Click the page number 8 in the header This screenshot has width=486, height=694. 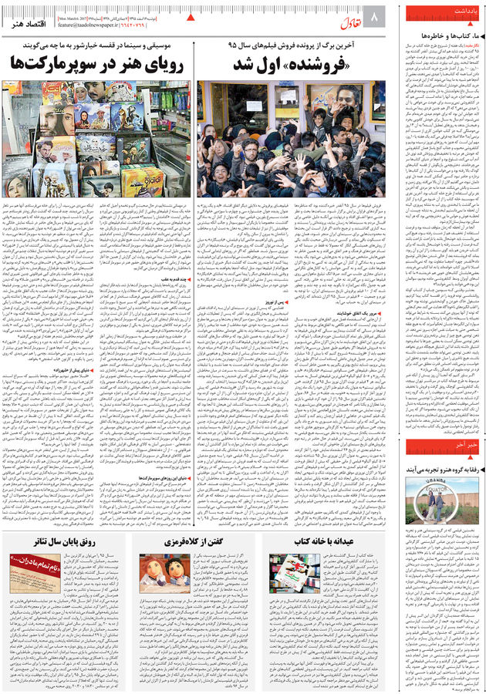coord(376,16)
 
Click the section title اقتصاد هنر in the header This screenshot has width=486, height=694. coord(27,23)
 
